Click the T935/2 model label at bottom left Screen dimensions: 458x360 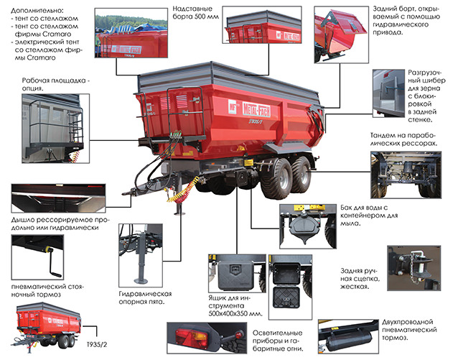(x=97, y=344)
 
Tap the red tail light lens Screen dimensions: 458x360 (x=192, y=336)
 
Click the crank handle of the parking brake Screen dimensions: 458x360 (x=52, y=262)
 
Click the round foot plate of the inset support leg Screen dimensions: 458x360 (x=141, y=281)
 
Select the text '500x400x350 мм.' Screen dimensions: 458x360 (x=235, y=313)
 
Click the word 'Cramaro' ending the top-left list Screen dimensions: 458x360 (x=41, y=57)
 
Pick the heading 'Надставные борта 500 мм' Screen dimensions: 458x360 (x=195, y=13)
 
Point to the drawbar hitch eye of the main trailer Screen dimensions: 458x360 (x=126, y=193)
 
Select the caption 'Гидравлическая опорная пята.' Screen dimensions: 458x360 (x=145, y=297)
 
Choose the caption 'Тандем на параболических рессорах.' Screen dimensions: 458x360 (x=403, y=139)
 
